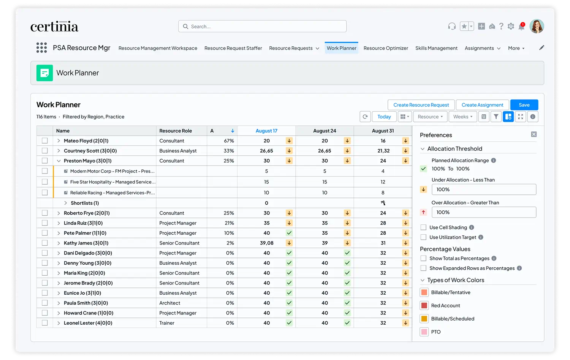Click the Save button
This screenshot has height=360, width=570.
pos(524,105)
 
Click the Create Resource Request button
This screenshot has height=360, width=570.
pos(421,105)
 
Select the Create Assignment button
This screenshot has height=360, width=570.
pos(482,105)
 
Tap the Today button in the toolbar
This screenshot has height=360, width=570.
pos(384,117)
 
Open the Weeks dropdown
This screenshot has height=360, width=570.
pos(462,117)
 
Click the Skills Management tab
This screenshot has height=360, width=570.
pos(436,48)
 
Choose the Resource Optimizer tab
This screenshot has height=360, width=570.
pos(386,48)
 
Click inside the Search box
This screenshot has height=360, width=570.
pos(262,26)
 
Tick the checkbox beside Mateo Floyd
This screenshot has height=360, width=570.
pos(45,141)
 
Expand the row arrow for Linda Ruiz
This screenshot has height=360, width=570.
pos(59,223)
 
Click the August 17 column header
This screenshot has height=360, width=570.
pos(266,131)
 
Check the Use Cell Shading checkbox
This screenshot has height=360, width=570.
pos(423,227)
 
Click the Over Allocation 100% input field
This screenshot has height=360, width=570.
pos(484,212)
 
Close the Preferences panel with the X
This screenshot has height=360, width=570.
pos(534,134)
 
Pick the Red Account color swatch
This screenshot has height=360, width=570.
pos(424,305)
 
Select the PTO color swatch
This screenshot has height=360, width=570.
pos(424,332)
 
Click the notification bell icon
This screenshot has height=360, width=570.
pos(521,27)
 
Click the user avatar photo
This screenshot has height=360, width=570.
pos(537,26)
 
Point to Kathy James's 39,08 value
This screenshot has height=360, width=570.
pos(266,243)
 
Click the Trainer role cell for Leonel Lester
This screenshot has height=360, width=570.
pos(167,323)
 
